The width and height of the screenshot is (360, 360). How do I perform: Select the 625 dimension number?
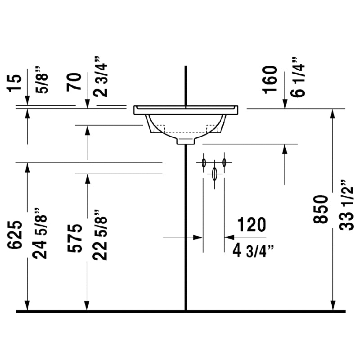pos(14,234)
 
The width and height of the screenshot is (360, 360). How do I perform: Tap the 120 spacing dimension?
pos(250,225)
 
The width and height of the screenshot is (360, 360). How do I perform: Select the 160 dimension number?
pos(270,79)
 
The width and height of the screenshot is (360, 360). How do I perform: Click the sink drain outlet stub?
pos(186,140)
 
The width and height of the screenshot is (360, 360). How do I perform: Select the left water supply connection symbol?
pos(204,162)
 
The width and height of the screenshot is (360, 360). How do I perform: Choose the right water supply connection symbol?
pos(224,162)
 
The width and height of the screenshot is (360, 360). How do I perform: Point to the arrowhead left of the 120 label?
pos(228,237)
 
